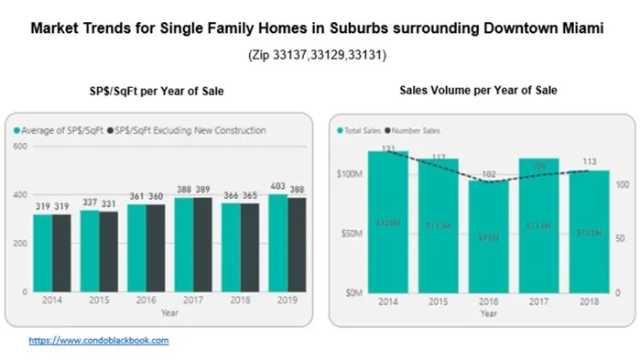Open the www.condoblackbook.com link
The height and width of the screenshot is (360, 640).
(x=99, y=340)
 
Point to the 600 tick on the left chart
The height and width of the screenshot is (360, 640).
(x=19, y=146)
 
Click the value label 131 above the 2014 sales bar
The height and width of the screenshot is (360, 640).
(x=387, y=147)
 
